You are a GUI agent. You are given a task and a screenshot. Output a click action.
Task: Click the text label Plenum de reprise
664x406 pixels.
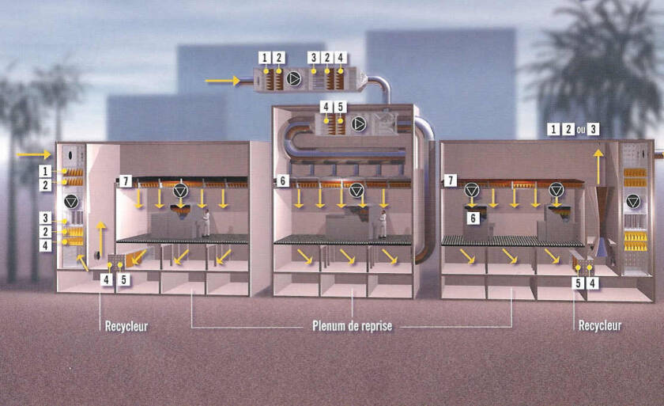pos(353,325)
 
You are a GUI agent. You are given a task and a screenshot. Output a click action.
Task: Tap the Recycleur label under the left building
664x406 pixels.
pos(126,325)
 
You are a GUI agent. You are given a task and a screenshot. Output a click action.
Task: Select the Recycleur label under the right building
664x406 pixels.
pos(599,325)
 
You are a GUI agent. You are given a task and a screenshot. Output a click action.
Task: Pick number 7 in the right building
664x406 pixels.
pos(451,181)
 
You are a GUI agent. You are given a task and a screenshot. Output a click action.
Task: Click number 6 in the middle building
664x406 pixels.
pos(282,181)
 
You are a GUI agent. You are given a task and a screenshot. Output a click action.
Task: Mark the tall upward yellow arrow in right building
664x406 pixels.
pos(598,162)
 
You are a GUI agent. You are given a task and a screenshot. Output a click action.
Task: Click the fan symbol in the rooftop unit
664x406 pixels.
pos(294,78)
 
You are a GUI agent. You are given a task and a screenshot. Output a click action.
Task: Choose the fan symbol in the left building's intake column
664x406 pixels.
pos(70,200)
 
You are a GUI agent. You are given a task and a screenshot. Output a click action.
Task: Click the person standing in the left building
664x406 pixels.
pos(206,223)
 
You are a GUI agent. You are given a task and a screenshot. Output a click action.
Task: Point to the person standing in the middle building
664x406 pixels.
pos(383,224)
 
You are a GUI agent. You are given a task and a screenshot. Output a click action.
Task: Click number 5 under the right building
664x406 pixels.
pos(577,283)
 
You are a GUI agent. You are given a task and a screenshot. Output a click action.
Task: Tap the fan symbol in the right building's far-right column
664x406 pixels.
pos(633,202)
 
